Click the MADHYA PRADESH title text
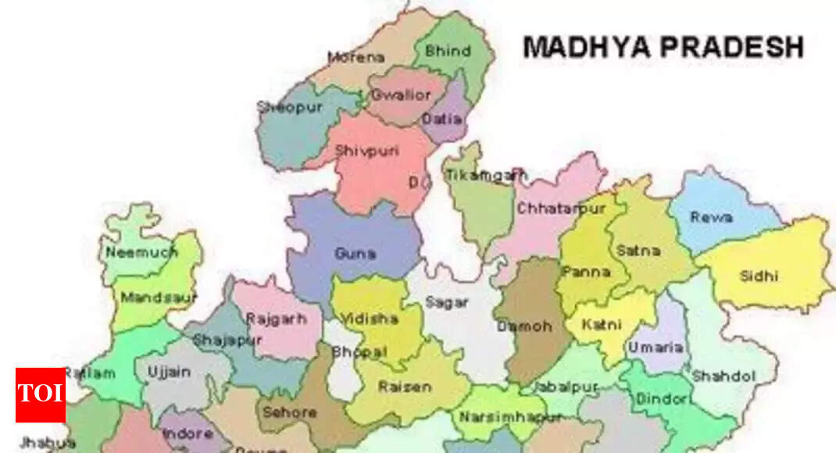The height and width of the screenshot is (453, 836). tap(663, 47)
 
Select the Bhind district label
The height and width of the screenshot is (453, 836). tap(448, 52)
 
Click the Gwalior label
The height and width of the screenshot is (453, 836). tap(401, 95)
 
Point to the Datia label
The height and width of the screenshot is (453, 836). tap(441, 119)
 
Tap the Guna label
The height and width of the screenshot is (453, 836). tap(355, 253)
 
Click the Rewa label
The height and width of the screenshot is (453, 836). tap(711, 217)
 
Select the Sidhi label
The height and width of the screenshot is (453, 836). tap(759, 276)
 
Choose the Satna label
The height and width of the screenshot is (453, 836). tap(638, 251)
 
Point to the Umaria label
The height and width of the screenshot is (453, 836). tap(656, 348)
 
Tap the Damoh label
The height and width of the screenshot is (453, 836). tap(524, 326)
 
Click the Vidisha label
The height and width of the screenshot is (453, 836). tap(370, 319)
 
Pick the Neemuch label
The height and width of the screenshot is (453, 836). tap(141, 252)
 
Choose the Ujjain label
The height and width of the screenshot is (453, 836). tap(169, 373)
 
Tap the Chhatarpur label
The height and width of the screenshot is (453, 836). tap(561, 209)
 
